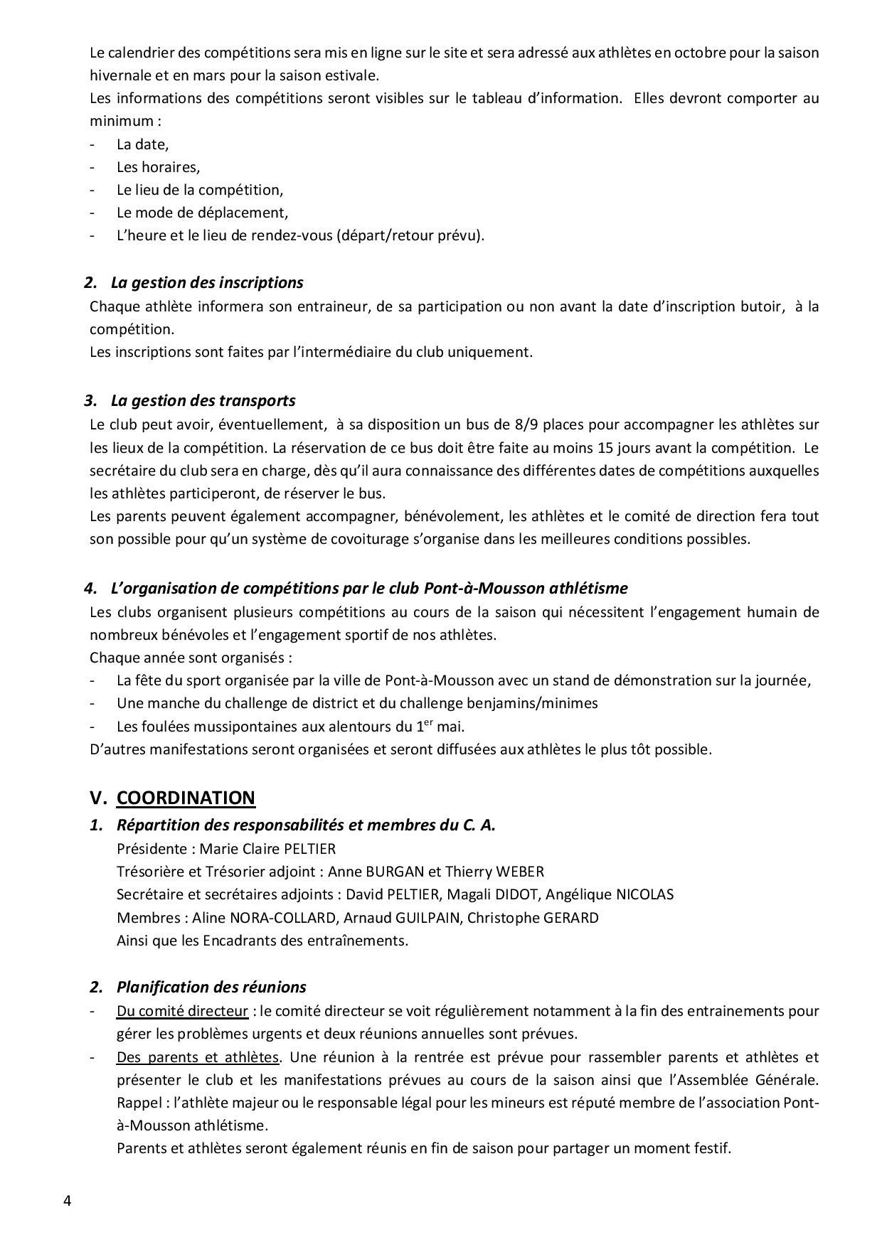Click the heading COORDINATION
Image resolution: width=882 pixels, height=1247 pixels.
186,798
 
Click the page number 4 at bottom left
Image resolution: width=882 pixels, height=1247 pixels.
67,1201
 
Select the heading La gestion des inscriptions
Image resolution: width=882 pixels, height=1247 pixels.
207,282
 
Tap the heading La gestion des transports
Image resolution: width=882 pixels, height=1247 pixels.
203,400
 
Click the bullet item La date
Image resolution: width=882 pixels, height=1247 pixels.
142,144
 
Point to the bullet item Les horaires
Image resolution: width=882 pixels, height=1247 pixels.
158,167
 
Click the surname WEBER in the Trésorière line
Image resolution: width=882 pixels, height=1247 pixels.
519,872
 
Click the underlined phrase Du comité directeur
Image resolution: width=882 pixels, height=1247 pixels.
182,1011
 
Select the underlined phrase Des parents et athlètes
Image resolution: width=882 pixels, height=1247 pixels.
197,1057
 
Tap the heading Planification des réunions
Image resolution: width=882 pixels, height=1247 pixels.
211,987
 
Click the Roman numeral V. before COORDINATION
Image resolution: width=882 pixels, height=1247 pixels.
97,798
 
